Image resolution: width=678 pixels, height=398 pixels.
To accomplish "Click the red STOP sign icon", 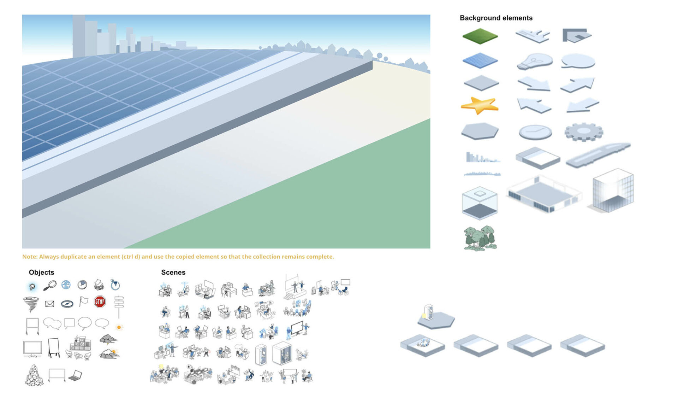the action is (x=100, y=302).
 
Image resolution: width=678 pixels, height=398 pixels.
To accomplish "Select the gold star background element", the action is (x=480, y=106).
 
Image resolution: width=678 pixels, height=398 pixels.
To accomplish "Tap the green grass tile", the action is (x=480, y=36).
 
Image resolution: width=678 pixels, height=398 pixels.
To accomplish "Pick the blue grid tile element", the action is (x=480, y=60).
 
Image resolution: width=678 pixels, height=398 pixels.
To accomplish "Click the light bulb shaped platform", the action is (x=535, y=62).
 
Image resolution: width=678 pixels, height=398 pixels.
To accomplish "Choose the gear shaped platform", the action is (x=584, y=132).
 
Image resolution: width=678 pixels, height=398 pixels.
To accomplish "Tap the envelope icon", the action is (x=50, y=304).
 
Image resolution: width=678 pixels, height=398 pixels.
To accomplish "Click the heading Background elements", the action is (x=496, y=18).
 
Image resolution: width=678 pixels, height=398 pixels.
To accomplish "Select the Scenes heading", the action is (x=173, y=273).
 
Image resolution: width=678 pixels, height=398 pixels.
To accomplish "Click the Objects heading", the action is (x=41, y=273).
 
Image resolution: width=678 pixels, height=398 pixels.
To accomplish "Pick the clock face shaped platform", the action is (x=535, y=132).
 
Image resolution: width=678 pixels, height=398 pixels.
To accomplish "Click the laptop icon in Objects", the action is (x=75, y=375).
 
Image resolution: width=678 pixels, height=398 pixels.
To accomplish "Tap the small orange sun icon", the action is (x=119, y=327).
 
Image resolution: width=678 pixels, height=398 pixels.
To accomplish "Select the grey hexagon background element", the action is (x=480, y=131).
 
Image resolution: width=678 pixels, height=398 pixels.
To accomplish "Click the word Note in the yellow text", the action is (x=30, y=257).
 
